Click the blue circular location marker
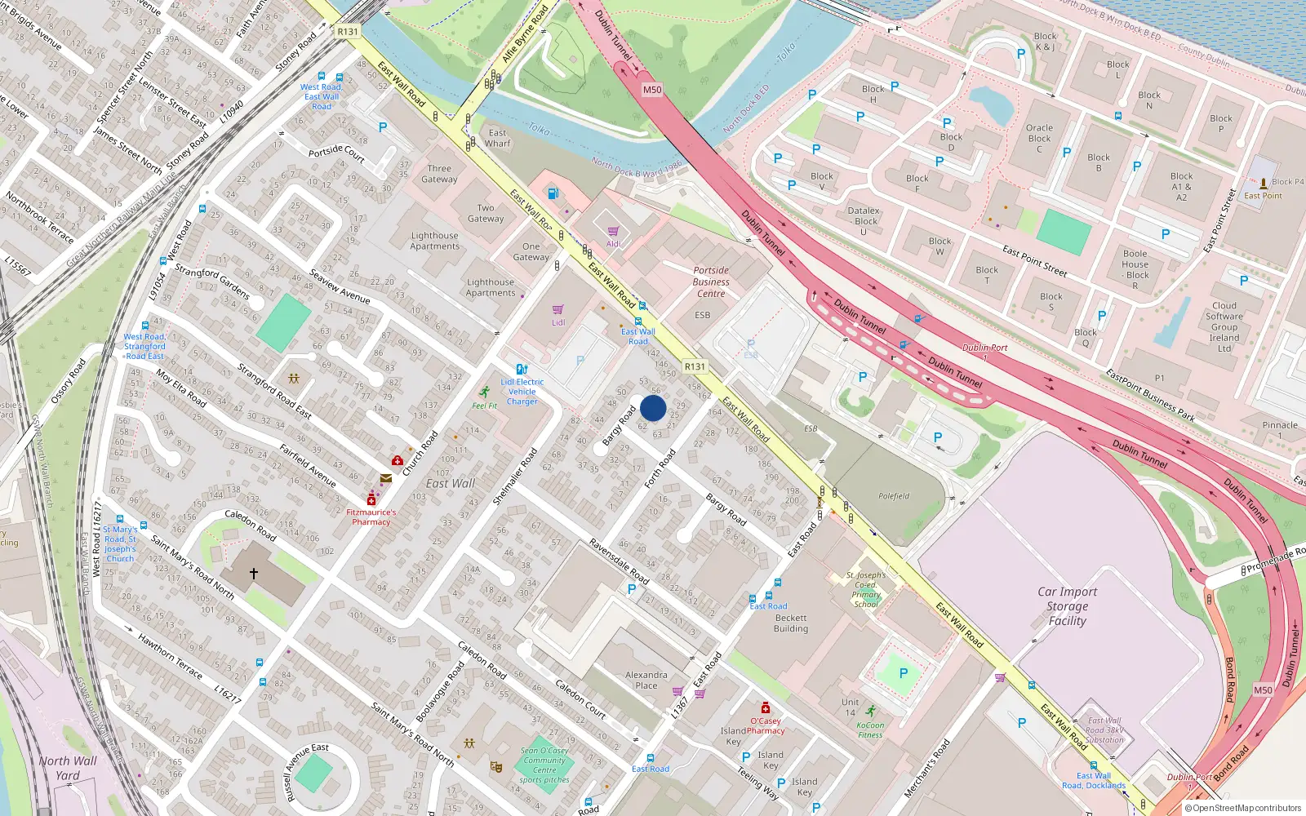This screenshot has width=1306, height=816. (x=653, y=408)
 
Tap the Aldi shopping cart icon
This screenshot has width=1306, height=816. (x=613, y=232)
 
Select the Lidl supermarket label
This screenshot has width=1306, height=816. (x=558, y=322)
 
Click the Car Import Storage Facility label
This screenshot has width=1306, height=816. (x=1067, y=606)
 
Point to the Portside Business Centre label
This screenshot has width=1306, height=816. (x=711, y=282)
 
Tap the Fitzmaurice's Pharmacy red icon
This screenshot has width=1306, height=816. (x=371, y=499)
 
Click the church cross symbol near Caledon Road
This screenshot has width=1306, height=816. (x=254, y=574)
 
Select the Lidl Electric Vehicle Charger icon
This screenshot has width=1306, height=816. (x=522, y=369)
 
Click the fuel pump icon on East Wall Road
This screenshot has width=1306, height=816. (x=553, y=193)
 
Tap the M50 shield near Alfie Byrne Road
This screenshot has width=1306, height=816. (x=651, y=90)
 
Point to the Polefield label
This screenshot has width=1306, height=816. (x=894, y=495)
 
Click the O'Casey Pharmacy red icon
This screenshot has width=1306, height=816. (x=766, y=707)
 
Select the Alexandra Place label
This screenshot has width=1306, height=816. (x=646, y=680)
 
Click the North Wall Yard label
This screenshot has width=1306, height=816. (x=68, y=768)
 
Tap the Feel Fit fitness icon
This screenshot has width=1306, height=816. (x=485, y=392)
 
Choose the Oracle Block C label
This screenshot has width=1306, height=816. (x=1039, y=138)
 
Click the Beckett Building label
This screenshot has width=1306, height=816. (x=790, y=623)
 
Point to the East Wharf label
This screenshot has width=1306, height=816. (x=497, y=138)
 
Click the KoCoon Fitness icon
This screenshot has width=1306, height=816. (x=871, y=712)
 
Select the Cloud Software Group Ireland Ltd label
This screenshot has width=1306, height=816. (x=1224, y=326)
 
